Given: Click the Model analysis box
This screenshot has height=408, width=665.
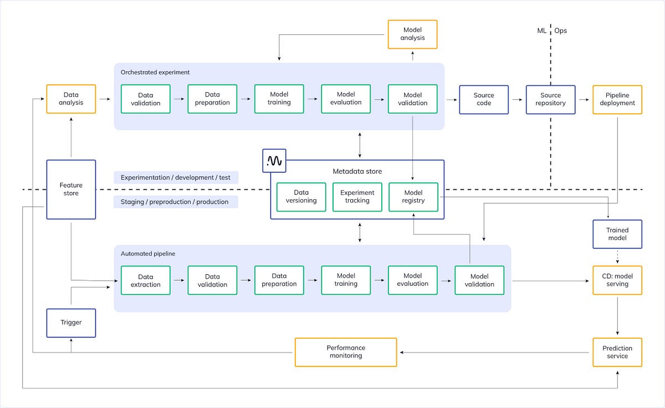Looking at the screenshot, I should (x=412, y=34).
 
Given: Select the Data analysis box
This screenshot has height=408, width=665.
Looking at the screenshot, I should (x=71, y=99).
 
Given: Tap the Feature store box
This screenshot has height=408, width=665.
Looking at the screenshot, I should (x=71, y=189).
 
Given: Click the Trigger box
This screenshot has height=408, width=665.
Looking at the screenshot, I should (x=71, y=323).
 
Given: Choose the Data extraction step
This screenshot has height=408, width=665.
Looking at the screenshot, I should (x=146, y=280).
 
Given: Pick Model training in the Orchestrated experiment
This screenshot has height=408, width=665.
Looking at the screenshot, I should (x=279, y=99).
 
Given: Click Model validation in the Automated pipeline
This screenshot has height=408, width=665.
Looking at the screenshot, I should (x=479, y=280).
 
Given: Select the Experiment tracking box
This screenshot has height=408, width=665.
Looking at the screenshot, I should (x=357, y=197).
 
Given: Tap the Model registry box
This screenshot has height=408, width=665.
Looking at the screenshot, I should (x=413, y=197).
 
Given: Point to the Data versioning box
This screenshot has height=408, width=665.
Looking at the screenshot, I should (x=301, y=197).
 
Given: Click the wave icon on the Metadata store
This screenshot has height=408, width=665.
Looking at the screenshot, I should (x=274, y=160).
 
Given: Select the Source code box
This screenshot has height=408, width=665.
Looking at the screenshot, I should (x=484, y=99).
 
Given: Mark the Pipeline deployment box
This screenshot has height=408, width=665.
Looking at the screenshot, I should (x=617, y=99).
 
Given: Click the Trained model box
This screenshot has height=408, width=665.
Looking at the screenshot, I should (x=617, y=234).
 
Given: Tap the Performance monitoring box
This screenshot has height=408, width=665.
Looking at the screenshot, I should (x=346, y=352).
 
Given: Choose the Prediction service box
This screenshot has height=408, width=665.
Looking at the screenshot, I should (x=617, y=352).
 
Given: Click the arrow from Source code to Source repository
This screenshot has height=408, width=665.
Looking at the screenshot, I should (x=517, y=99).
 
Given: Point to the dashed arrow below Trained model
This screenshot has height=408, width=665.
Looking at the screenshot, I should (x=617, y=256).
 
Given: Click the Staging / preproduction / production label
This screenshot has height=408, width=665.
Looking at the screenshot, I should (x=175, y=202).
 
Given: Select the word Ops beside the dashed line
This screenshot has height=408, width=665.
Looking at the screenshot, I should (x=561, y=31).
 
